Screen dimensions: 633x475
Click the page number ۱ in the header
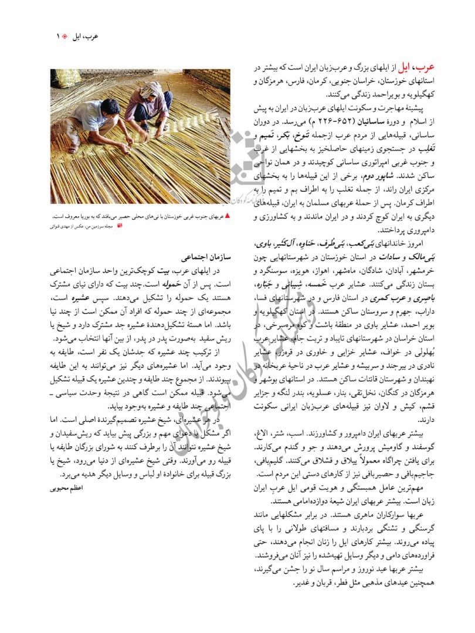point(58,36)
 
